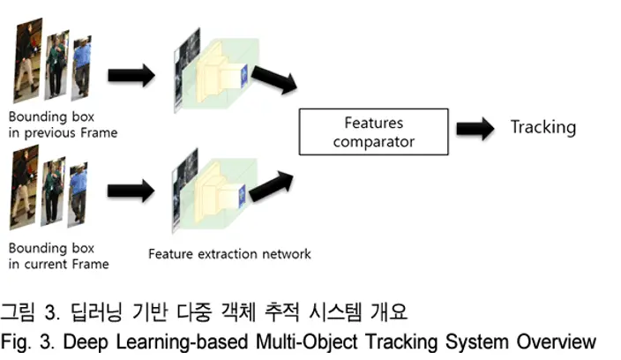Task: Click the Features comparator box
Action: point(373,131)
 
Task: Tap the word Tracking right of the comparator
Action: point(543,128)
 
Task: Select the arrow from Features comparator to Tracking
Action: point(475,128)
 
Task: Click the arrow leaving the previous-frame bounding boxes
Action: point(131,75)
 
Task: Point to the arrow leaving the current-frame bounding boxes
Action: point(131,191)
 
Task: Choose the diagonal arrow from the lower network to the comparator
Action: point(272,186)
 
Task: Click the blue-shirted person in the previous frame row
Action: point(81,68)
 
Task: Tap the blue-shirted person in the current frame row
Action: point(78,194)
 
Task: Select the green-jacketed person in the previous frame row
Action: point(56,65)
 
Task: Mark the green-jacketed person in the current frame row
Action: point(53,191)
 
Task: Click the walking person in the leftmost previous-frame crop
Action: point(27,60)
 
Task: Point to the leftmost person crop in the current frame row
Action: point(24,187)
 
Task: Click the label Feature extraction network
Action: point(229,254)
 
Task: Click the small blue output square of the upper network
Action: point(243,74)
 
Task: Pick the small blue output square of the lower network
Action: point(241,196)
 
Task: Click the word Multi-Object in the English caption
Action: point(307,341)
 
